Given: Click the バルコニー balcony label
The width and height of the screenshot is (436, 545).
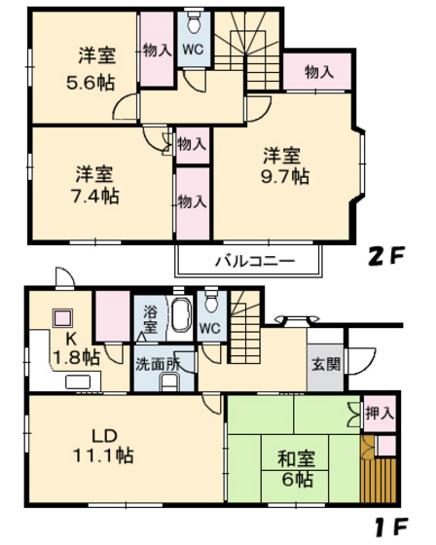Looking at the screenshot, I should coord(249,261).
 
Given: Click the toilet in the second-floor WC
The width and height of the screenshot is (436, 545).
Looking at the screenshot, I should coord(194,25).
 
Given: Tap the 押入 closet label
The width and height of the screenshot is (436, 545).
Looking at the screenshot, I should coord(378,414).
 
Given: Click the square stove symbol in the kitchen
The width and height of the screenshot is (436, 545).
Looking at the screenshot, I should coord(63,318).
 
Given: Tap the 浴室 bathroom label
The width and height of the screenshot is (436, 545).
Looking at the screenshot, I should coord(151,319).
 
